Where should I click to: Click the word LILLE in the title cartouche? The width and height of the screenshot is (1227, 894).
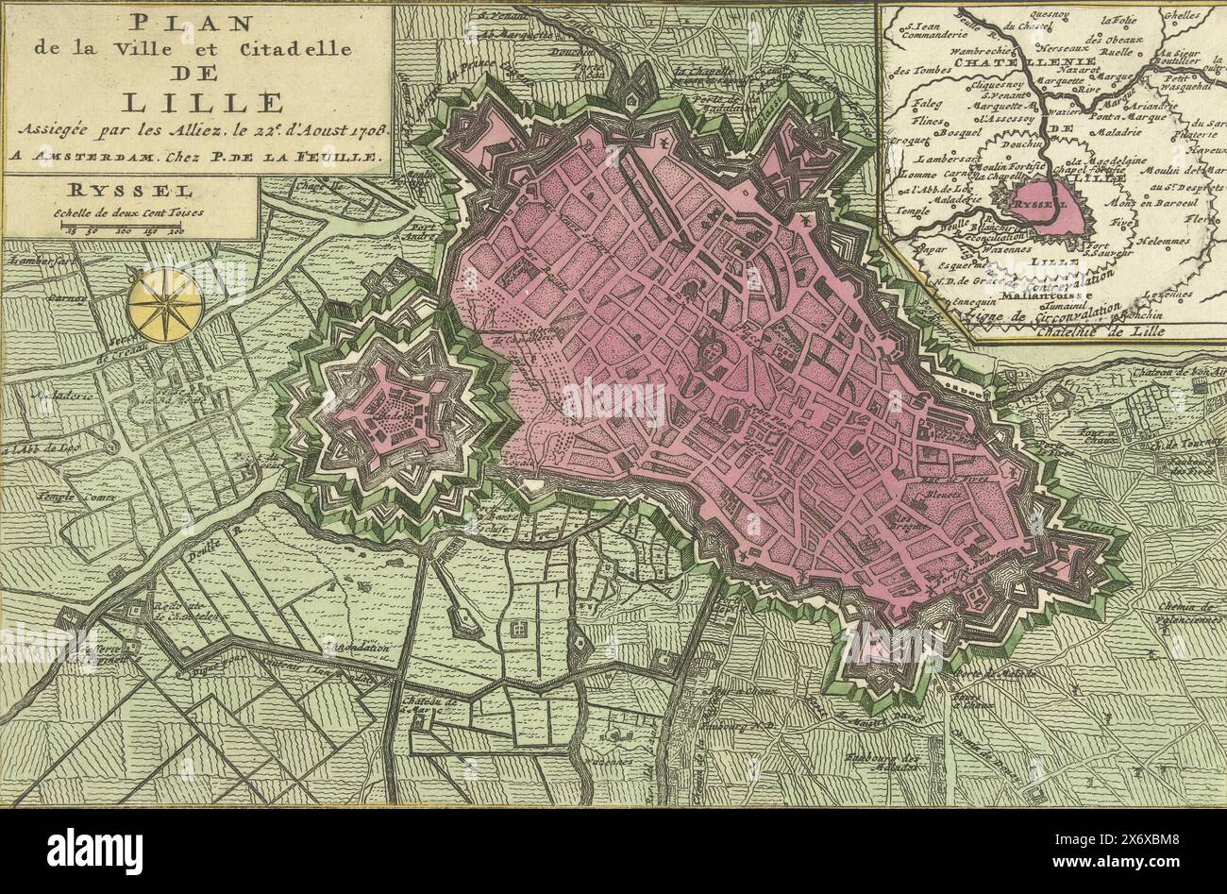(194, 101)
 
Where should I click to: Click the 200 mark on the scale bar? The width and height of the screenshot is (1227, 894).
(175, 229)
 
